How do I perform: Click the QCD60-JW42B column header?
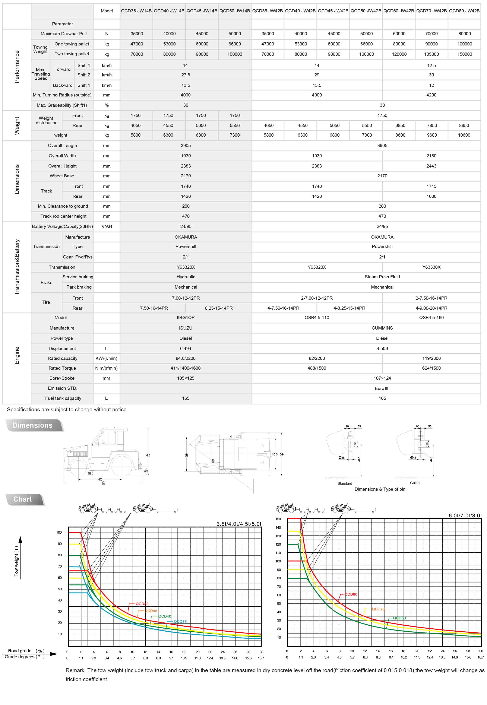399,11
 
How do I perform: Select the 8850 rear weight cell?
464,125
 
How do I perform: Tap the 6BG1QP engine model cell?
186,318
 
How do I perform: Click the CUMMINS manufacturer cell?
382,328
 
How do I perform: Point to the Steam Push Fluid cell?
382,277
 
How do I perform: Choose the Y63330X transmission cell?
431,267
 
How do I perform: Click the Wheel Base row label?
62,176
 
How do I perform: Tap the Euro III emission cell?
381,388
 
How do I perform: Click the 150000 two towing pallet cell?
464,54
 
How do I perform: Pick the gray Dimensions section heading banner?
33,425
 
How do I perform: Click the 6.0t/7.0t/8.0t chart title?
465,515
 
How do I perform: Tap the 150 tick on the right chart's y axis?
278,519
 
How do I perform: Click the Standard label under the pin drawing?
345,483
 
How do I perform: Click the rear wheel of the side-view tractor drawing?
122,466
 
